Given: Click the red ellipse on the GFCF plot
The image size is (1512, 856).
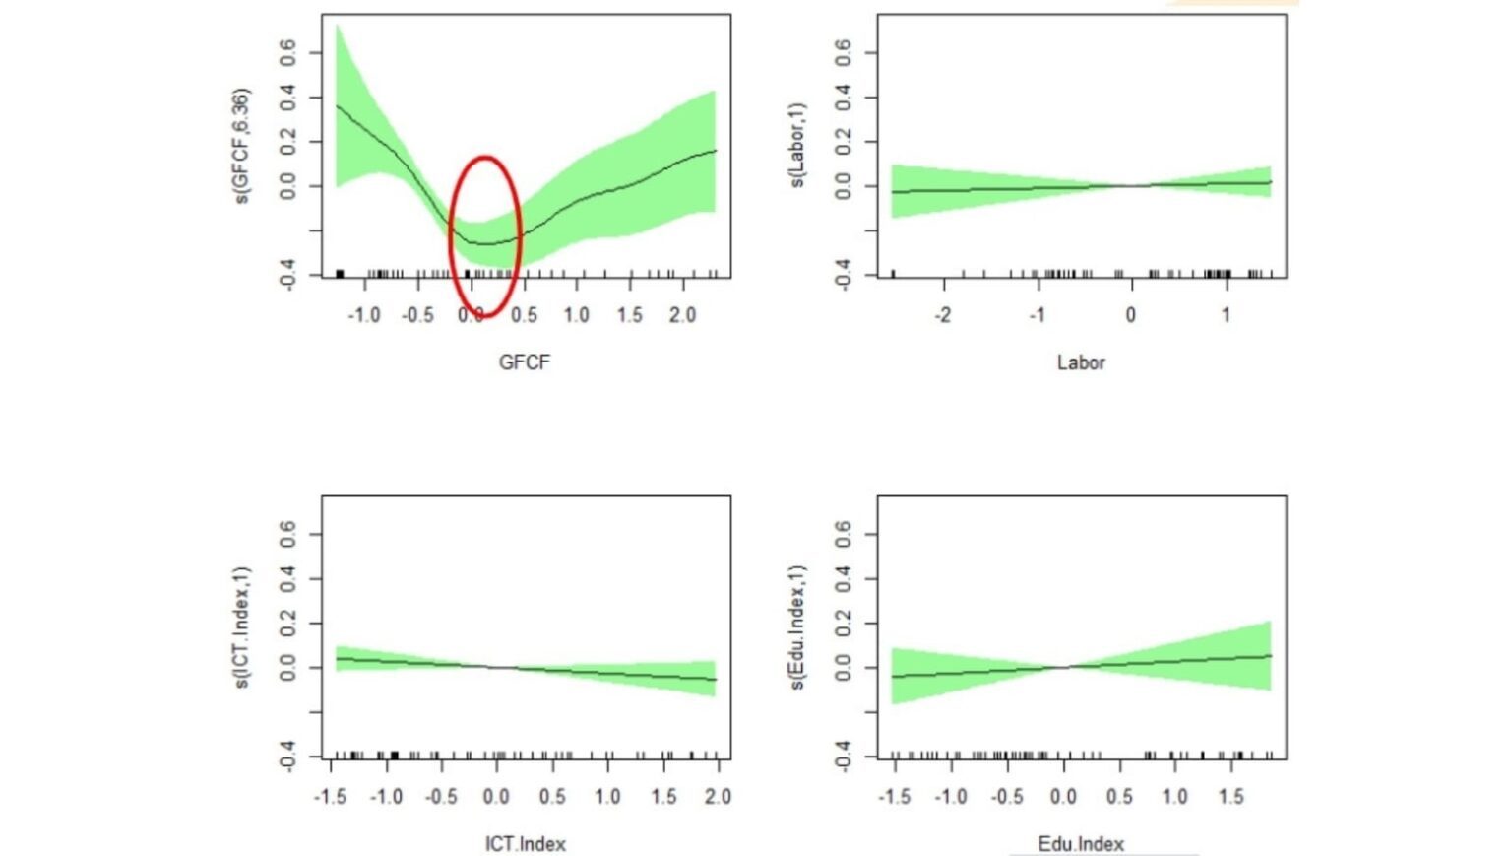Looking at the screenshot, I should [x=484, y=159].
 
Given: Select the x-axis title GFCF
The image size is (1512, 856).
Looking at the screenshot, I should [x=524, y=362].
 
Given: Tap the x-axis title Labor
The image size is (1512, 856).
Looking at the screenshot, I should [x=1081, y=362].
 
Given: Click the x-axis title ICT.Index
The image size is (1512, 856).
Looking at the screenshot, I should [x=525, y=844].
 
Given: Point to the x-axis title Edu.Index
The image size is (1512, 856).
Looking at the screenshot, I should [x=1081, y=844].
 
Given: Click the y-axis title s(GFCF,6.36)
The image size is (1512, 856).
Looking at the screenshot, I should [x=241, y=146].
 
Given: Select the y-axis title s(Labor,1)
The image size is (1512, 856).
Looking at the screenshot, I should [x=797, y=145].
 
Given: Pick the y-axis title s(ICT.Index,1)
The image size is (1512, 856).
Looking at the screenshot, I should [x=241, y=627].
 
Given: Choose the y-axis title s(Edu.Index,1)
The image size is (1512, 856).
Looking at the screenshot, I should [x=797, y=627].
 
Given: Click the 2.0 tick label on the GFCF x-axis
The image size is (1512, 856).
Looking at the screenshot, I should [x=682, y=315].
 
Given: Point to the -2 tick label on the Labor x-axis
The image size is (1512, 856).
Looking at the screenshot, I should [x=942, y=315].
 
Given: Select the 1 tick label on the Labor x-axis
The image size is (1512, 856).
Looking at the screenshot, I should [x=1227, y=315].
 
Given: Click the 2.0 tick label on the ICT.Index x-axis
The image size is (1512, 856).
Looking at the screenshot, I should [x=719, y=796].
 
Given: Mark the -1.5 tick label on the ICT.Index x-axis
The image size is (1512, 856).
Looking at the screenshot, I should [x=330, y=796].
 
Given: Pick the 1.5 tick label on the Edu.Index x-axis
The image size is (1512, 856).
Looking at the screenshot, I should [x=1230, y=796].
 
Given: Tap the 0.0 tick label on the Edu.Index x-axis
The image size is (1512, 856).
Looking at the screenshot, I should [x=1063, y=796].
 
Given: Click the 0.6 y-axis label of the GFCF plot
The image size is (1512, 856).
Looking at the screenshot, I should [x=287, y=53].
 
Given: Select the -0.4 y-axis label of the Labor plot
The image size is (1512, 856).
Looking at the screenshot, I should [x=844, y=274].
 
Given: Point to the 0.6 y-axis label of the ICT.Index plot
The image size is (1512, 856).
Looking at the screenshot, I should [x=287, y=535].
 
